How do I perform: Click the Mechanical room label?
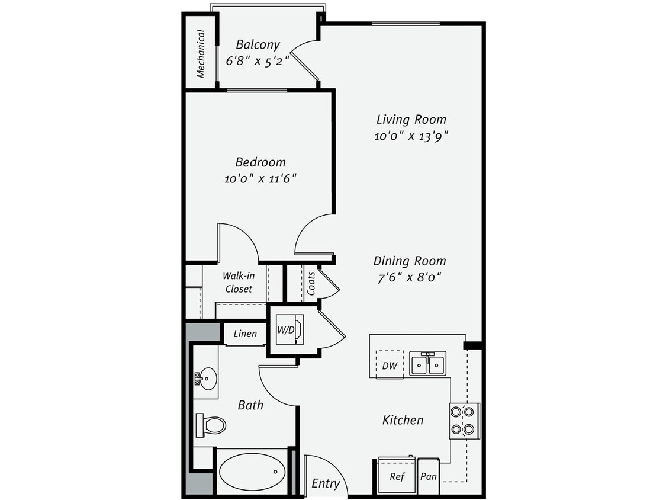(x=201, y=54)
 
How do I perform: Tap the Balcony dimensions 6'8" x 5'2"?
(x=258, y=60)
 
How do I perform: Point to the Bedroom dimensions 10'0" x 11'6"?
(x=260, y=178)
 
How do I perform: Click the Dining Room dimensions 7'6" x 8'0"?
(x=410, y=277)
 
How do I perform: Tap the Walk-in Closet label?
(x=238, y=282)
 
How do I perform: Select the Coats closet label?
(x=311, y=283)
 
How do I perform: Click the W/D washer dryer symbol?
(x=289, y=329)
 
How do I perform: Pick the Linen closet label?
(x=245, y=334)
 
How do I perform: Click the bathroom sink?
(x=207, y=377)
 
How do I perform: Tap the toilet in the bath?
(x=211, y=425)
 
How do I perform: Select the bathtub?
(x=252, y=472)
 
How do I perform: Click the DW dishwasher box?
(x=390, y=364)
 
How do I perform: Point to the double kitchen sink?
(x=428, y=363)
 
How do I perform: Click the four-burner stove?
(x=464, y=420)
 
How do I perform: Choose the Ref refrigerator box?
(x=397, y=476)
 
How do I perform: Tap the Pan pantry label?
(x=428, y=476)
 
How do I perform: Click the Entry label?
(x=326, y=483)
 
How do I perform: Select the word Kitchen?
(x=403, y=420)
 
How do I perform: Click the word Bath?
(x=250, y=405)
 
